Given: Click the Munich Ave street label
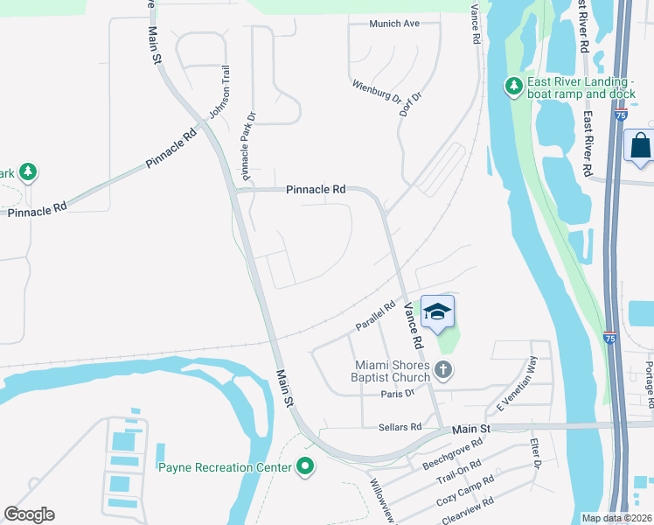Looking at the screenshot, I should pos(394,24).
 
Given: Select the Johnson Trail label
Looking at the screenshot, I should pos(219,94).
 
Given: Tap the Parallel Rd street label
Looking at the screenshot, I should pos(376,318).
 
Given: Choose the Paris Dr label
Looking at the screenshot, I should pos(398,394).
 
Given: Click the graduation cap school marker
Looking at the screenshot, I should pos(438,311).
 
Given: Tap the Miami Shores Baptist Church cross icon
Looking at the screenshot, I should pos(442,370).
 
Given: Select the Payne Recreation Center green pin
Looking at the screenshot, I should pos(305,467).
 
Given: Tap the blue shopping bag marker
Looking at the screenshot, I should pos(641,145).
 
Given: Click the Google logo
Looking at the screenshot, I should pos(29,514).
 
